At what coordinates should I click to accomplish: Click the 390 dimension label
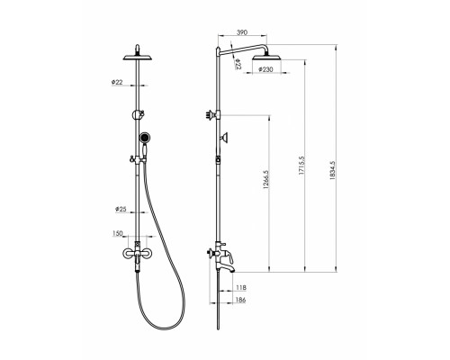click(242, 32)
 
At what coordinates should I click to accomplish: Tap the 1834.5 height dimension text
click(332, 170)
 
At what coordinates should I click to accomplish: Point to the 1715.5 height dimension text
click(301, 166)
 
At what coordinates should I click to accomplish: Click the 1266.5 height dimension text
click(265, 179)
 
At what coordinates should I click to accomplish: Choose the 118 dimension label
click(241, 288)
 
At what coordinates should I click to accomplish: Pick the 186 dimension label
click(241, 300)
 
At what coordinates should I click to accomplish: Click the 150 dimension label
click(118, 233)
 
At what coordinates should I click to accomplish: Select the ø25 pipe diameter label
click(121, 209)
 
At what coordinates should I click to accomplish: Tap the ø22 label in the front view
click(117, 82)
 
